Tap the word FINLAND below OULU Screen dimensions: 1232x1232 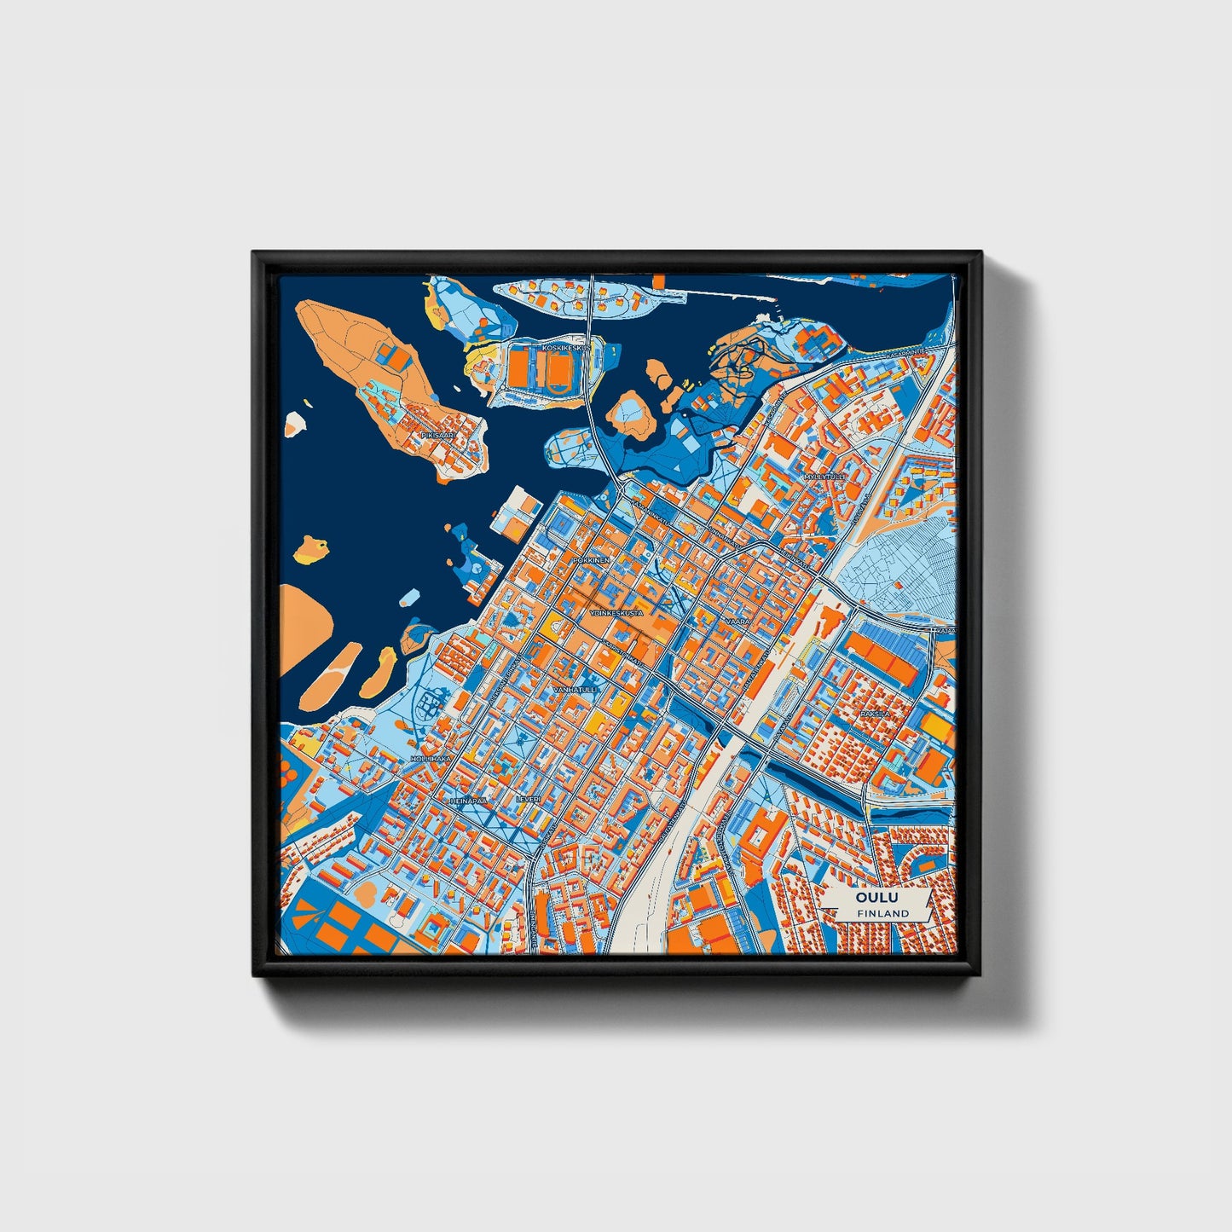tap(883, 913)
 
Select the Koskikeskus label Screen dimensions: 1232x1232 tap(566, 349)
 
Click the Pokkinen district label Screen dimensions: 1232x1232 tap(592, 560)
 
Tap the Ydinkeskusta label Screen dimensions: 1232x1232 tap(616, 612)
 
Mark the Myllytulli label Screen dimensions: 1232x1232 tap(824, 476)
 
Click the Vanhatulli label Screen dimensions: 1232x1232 tap(576, 688)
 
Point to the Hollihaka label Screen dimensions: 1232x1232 tap(431, 758)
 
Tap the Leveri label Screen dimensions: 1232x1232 tap(528, 799)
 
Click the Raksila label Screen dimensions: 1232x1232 tap(875, 713)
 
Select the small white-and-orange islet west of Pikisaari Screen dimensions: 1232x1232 tap(295, 424)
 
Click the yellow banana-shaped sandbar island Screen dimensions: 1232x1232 tap(378, 673)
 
